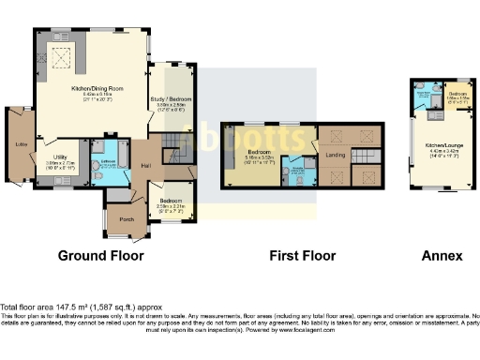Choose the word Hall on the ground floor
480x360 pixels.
tap(146, 166)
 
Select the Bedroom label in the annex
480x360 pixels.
tap(457, 95)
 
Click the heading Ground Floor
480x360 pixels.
tap(100, 255)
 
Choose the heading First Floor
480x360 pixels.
tap(303, 255)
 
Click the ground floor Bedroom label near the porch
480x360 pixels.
tap(170, 201)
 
